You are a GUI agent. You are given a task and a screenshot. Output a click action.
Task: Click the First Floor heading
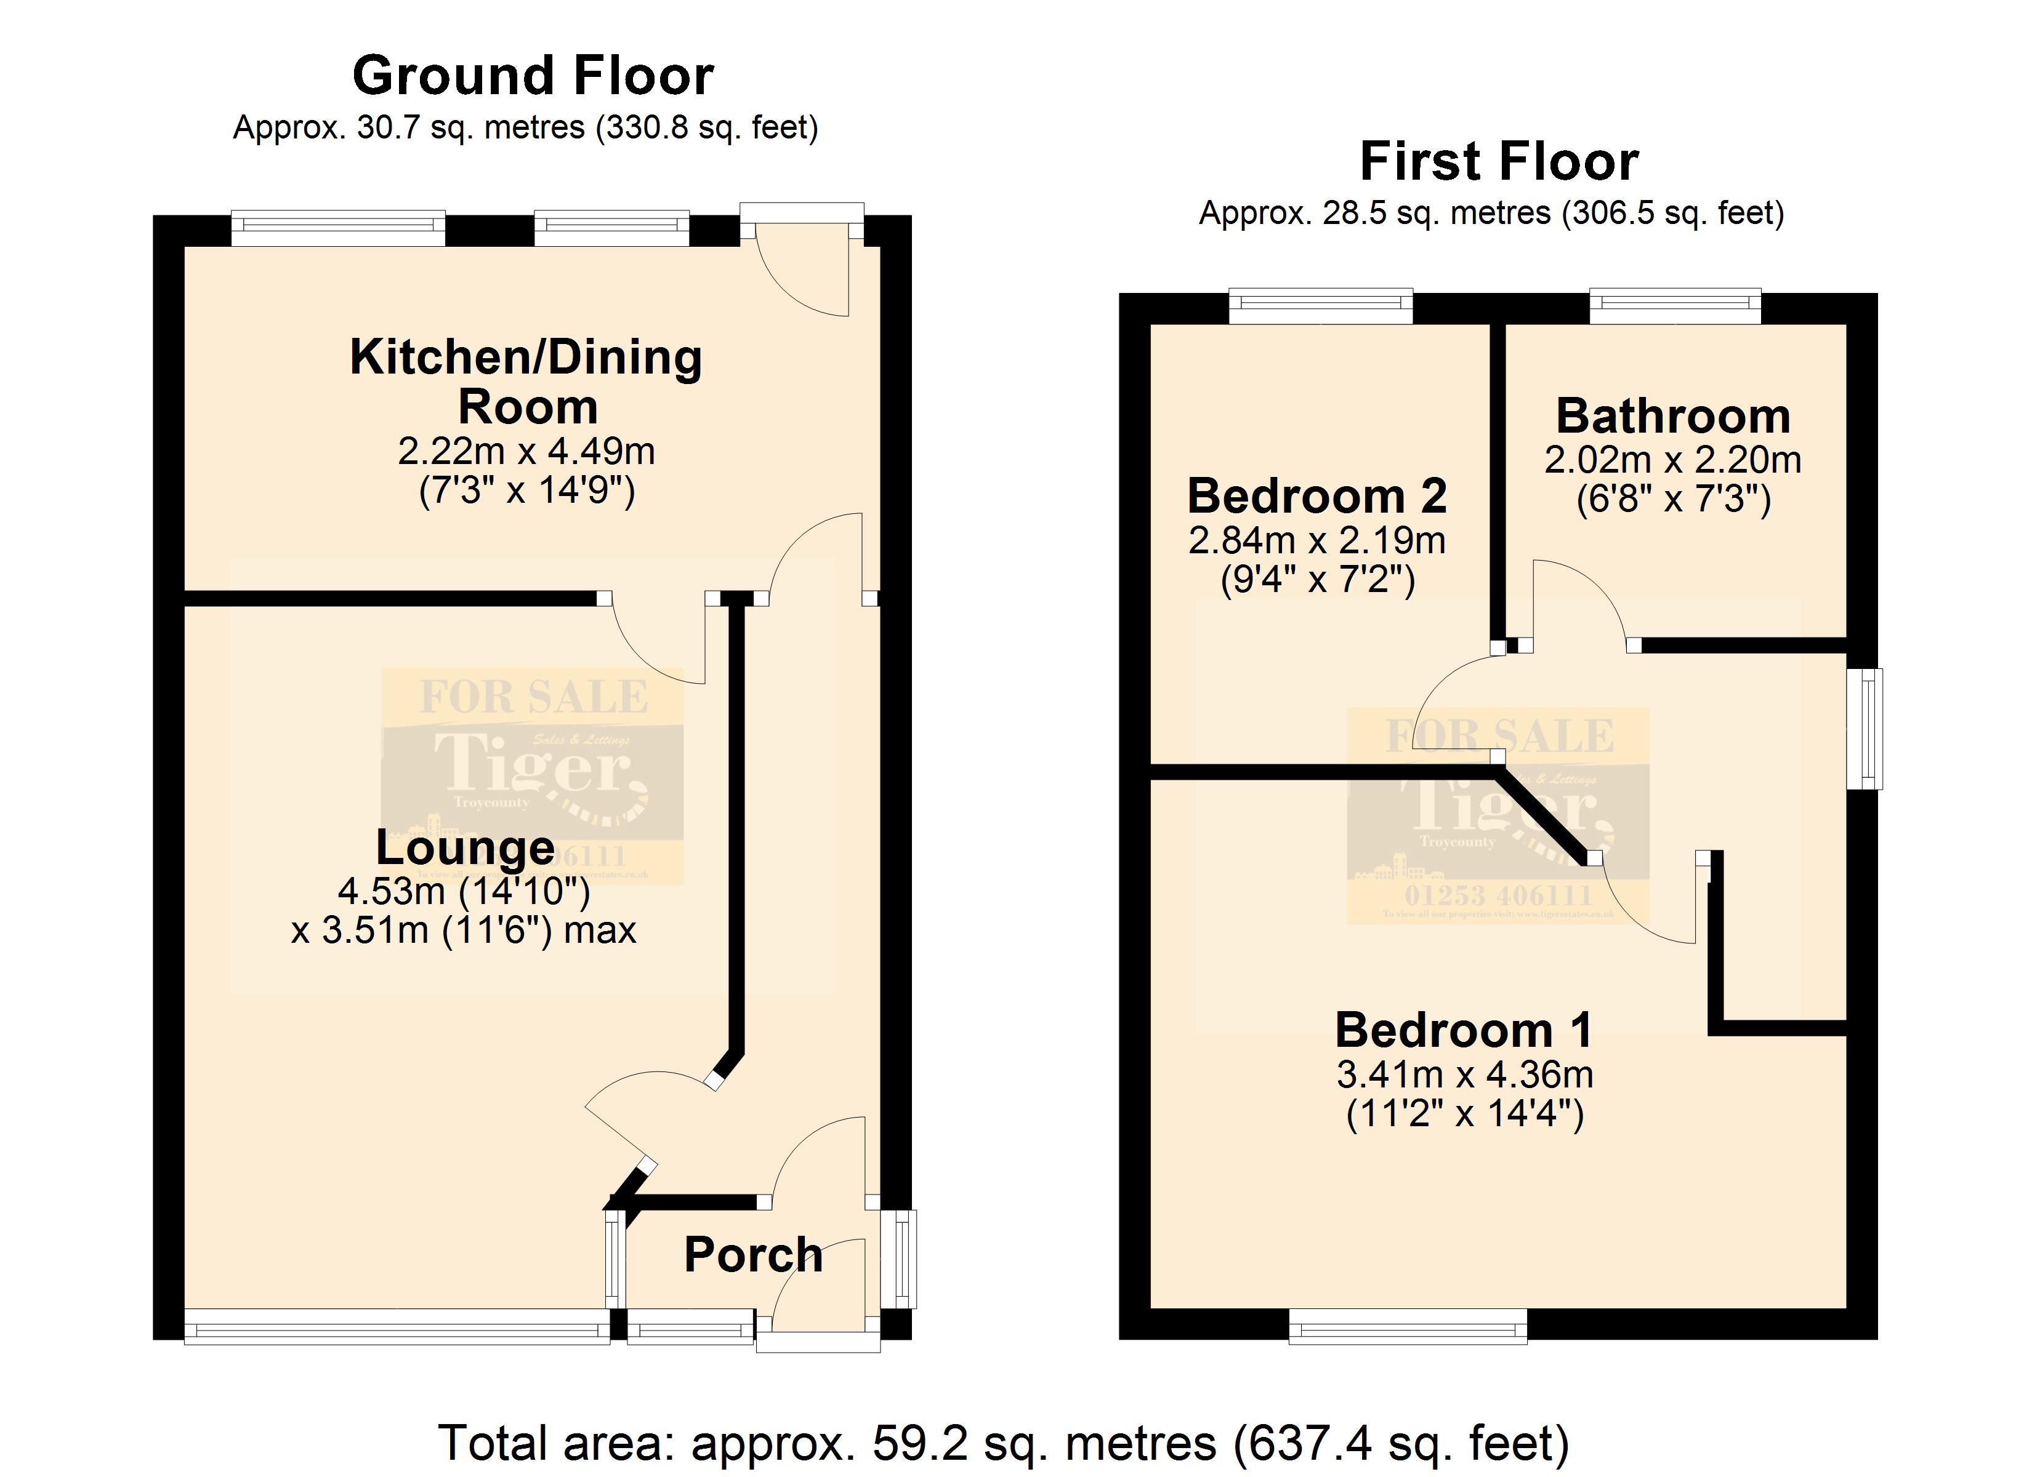pos(1499,161)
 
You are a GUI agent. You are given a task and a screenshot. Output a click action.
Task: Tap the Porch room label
pos(752,1254)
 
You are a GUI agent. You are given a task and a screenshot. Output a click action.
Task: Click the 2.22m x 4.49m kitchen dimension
pos(526,452)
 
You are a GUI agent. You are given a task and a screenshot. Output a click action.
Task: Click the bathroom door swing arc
pos(1577,600)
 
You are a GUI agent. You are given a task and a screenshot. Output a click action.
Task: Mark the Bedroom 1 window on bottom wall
pos(1408,1326)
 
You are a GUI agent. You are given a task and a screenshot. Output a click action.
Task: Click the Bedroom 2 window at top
pos(1321,306)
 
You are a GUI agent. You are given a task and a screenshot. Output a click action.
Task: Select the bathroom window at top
pos(1674,306)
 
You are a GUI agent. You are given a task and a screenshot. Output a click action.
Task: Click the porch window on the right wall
pos(900,1259)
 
